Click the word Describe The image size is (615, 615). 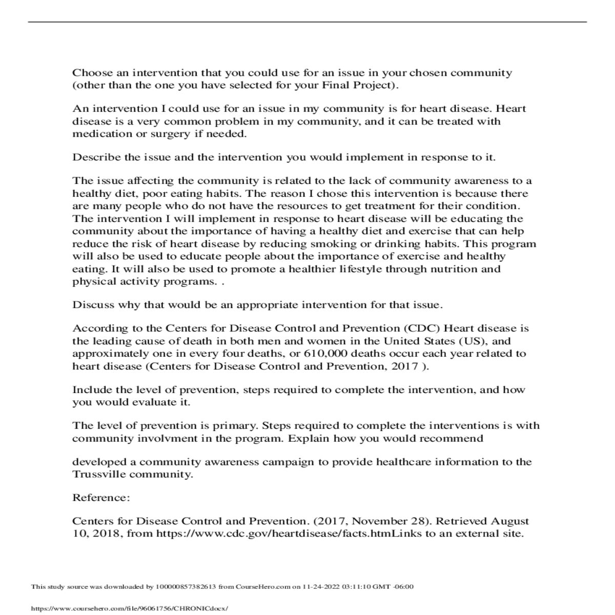96,157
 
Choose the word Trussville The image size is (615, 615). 99,475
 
